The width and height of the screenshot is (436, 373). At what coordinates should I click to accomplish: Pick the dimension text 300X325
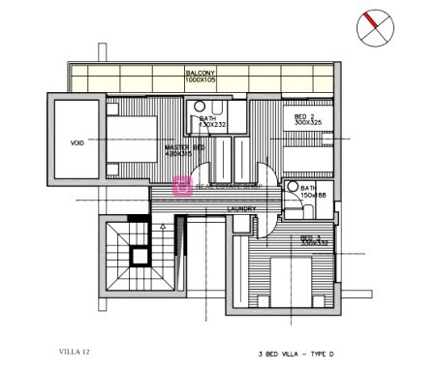click(x=308, y=123)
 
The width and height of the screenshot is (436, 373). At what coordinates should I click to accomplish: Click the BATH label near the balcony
click(x=208, y=118)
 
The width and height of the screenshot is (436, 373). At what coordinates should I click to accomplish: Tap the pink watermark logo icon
click(x=180, y=188)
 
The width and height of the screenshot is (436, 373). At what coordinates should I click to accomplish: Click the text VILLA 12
click(x=77, y=351)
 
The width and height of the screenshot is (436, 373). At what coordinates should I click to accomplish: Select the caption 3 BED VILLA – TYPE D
click(x=300, y=356)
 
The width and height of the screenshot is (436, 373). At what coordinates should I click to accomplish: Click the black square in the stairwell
click(x=140, y=256)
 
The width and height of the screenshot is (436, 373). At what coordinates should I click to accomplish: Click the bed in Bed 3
click(x=291, y=281)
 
